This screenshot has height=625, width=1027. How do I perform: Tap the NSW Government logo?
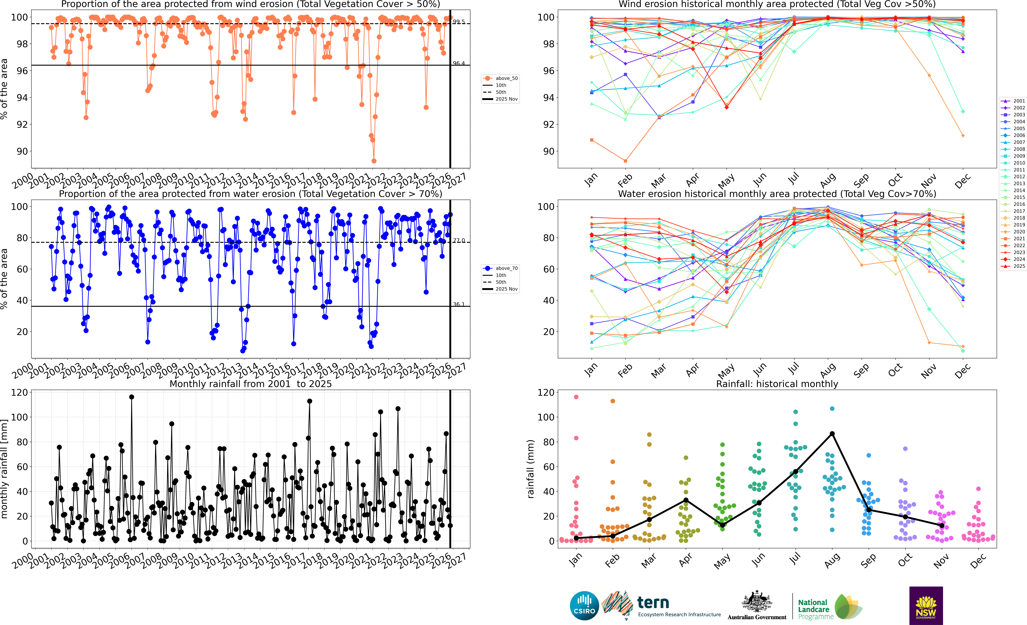tap(926, 605)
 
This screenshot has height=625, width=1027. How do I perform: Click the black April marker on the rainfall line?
tap(686, 500)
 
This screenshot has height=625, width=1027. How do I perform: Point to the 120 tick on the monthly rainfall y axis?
tap(19, 393)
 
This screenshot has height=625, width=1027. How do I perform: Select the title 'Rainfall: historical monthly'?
tap(777, 384)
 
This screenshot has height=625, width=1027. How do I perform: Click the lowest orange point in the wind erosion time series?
tap(374, 161)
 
